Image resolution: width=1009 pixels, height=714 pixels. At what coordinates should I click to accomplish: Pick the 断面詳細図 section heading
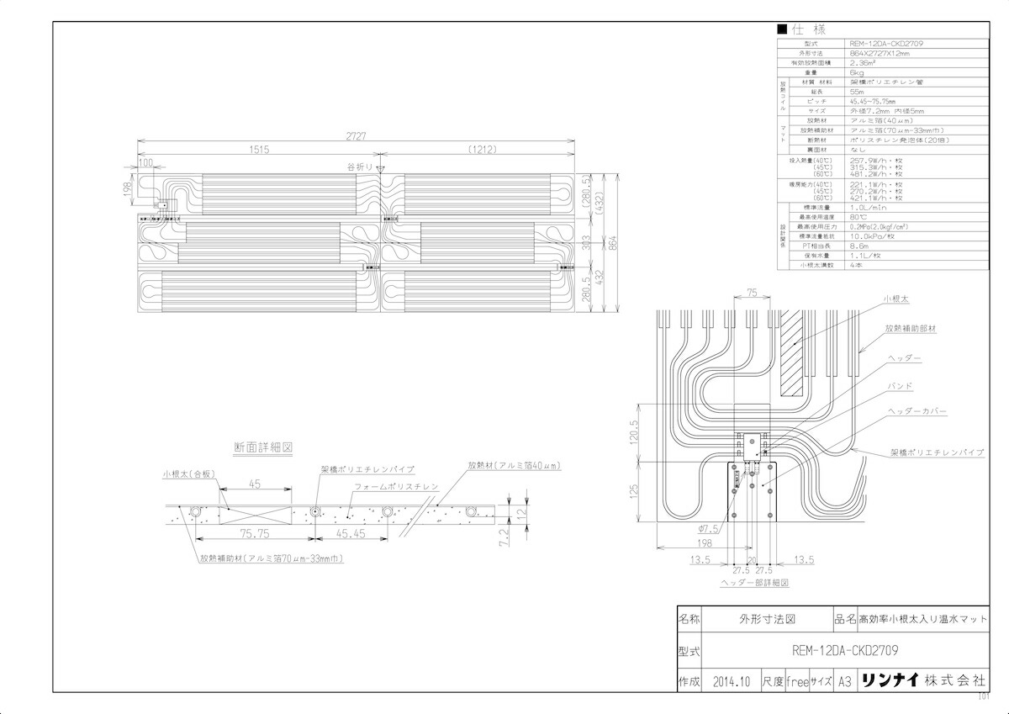point(263,448)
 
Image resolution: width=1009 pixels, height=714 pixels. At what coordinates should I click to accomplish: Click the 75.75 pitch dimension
point(254,533)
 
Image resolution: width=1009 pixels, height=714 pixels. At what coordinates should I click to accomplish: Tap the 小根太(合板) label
point(190,473)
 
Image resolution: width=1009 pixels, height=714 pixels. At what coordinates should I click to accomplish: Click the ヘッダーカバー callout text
point(917,412)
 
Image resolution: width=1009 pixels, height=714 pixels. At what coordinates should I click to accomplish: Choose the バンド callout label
point(901,385)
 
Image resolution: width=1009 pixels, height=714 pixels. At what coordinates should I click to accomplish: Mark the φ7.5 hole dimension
point(709,529)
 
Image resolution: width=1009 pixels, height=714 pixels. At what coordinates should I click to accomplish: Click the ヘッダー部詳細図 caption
point(753,582)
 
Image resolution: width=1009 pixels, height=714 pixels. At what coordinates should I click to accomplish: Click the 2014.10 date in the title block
point(730,681)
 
